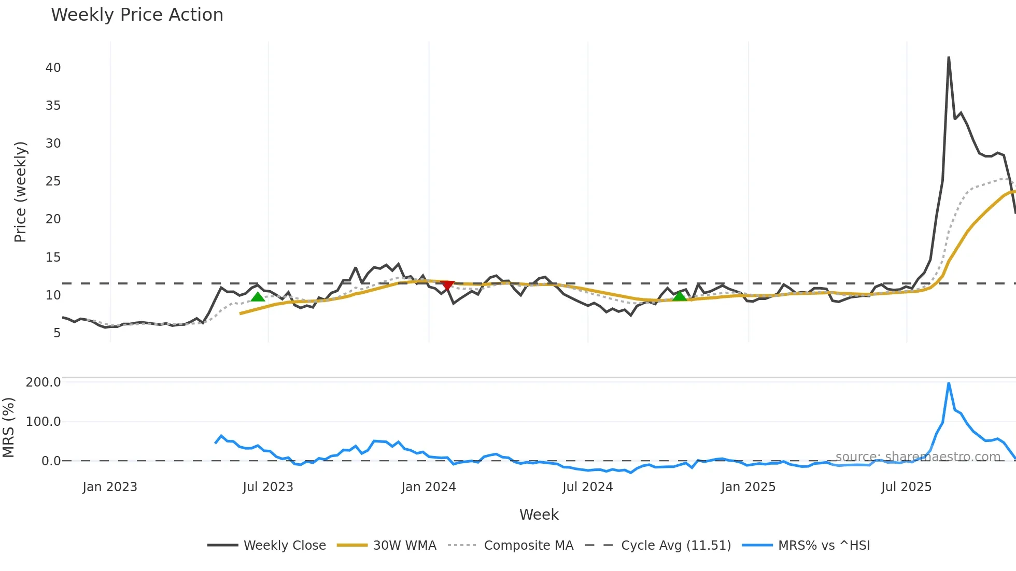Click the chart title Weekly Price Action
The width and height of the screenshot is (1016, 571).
(137, 15)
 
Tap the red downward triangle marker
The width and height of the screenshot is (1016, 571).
(447, 285)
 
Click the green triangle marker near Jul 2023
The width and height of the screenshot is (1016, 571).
(258, 296)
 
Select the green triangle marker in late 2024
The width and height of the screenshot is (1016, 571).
(679, 296)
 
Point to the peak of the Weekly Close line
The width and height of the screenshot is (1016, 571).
(949, 58)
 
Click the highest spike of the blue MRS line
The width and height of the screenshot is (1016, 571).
(949, 383)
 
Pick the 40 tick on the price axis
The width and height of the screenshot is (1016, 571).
(53, 68)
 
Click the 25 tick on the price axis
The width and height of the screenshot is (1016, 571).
(53, 181)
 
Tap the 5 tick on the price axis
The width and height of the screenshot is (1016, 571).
(57, 333)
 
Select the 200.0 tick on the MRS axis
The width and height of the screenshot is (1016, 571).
(44, 382)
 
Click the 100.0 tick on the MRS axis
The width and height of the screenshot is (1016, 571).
(44, 422)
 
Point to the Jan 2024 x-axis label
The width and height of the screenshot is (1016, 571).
(429, 487)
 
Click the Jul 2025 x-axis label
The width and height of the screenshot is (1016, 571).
(906, 487)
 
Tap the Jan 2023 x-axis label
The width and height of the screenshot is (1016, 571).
(110, 487)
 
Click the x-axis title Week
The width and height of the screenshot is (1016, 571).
(539, 515)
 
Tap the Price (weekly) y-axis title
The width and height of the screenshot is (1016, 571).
(20, 192)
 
